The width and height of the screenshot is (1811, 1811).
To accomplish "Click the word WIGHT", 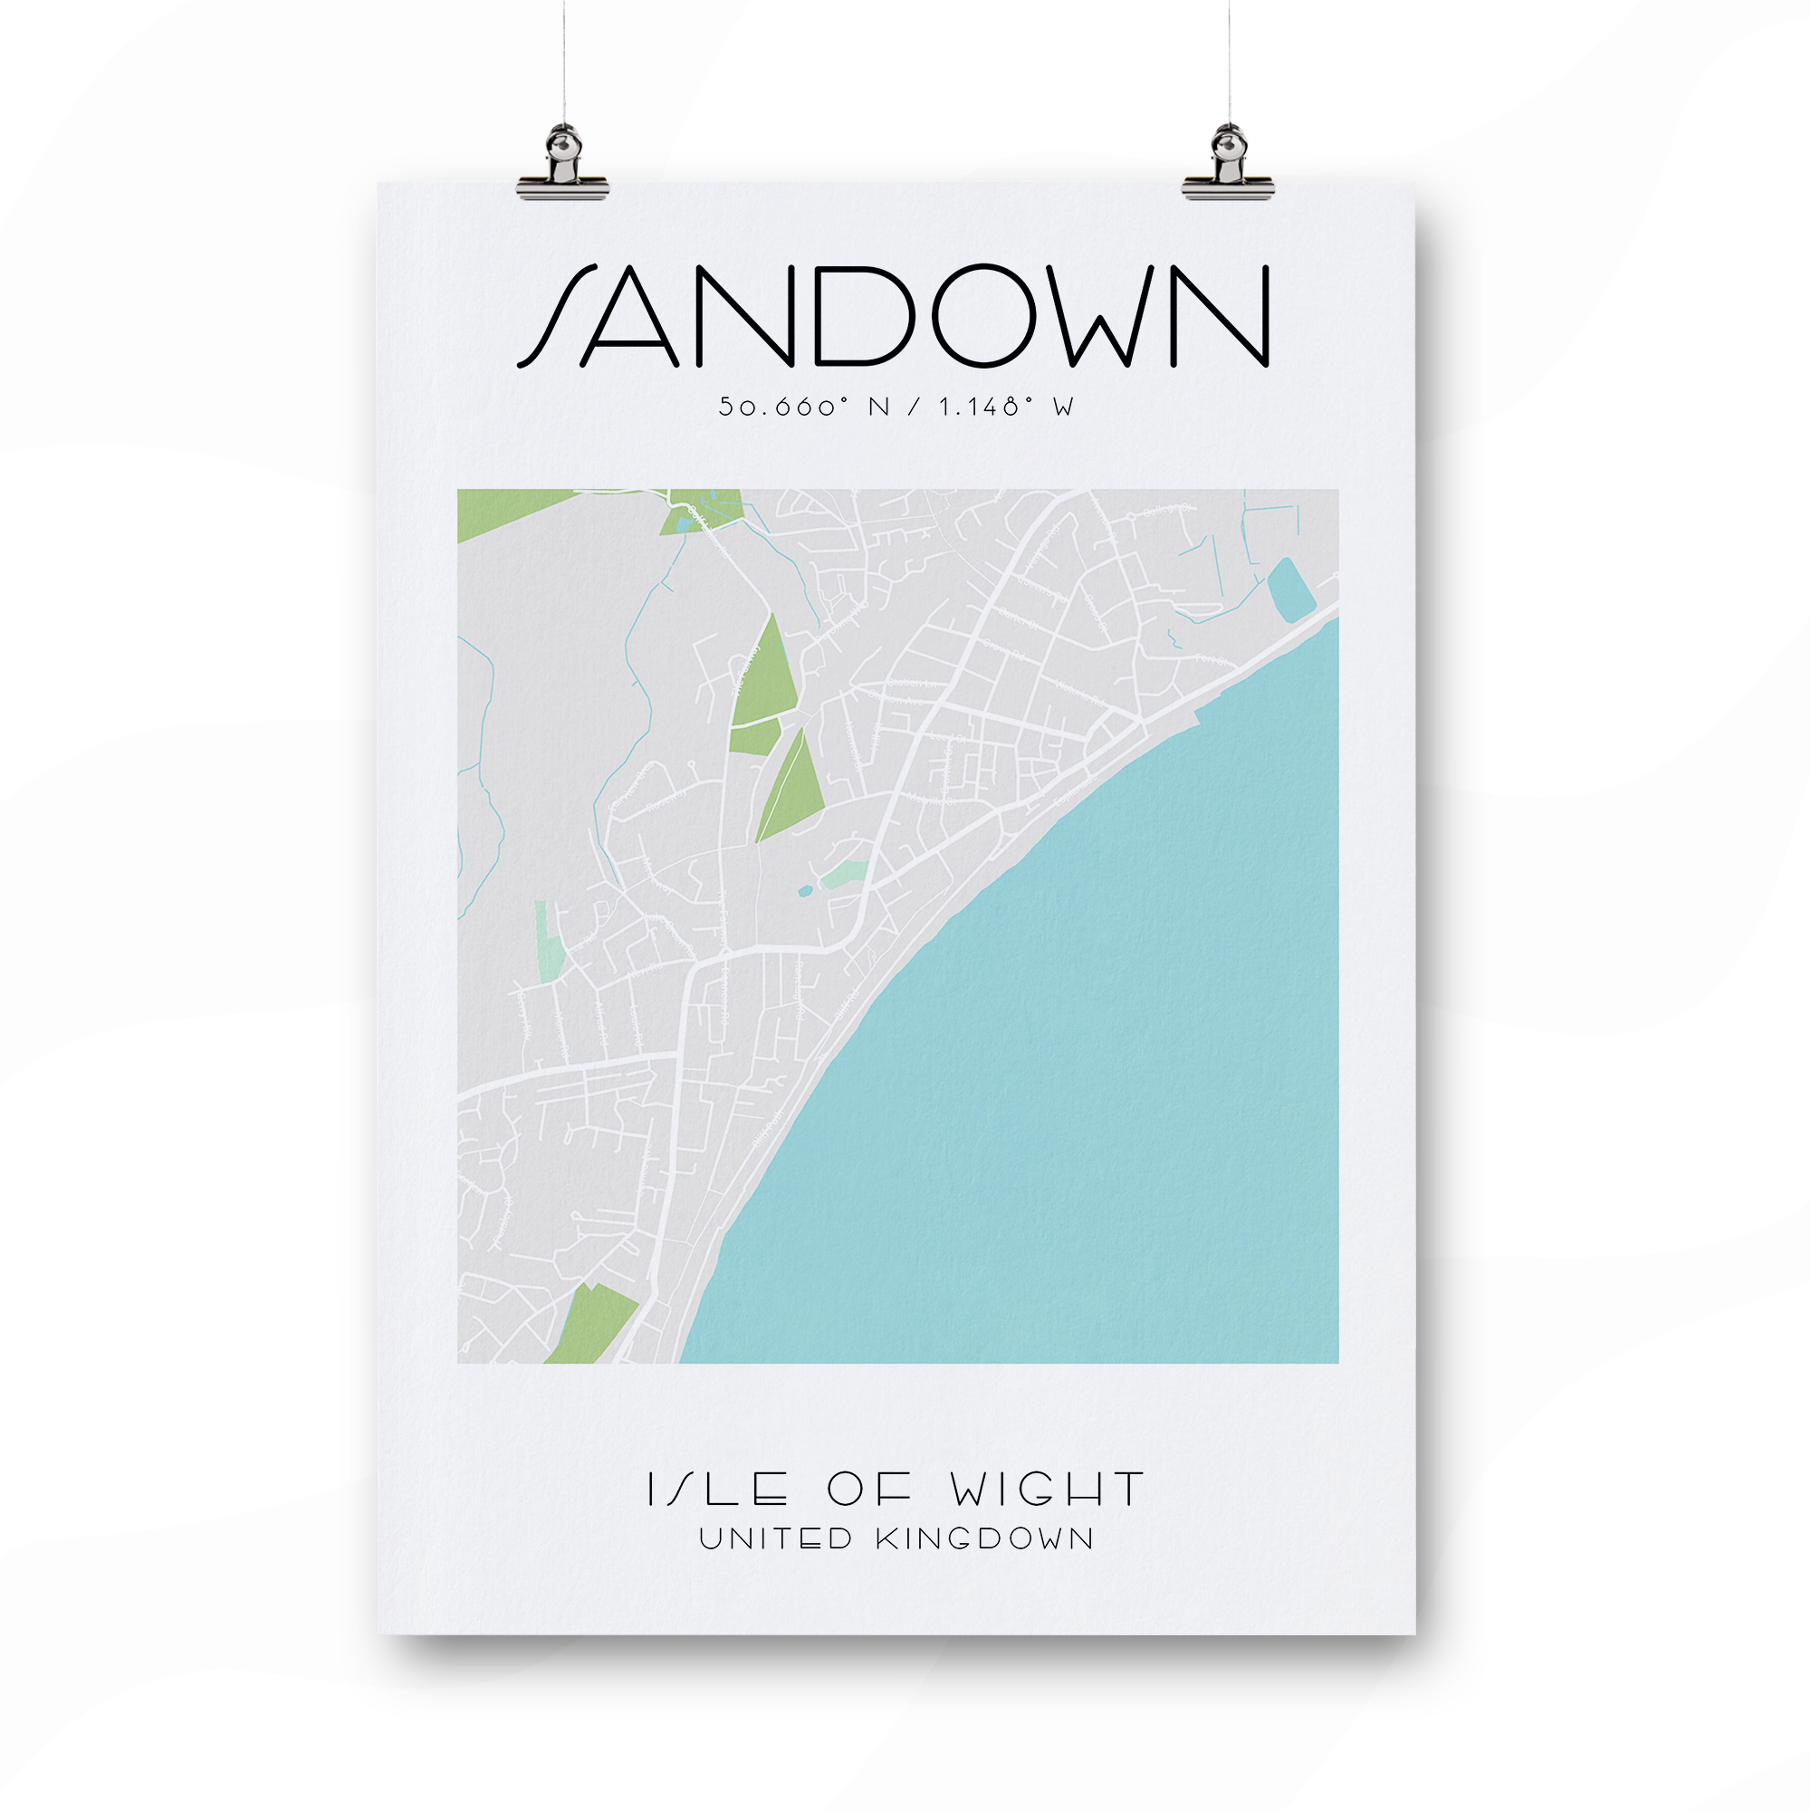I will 1047,1489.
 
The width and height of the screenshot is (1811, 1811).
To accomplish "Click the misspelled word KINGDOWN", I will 985,1539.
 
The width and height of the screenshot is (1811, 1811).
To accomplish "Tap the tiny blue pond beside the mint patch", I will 804,891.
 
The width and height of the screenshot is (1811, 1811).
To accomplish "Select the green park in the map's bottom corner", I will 590,1324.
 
